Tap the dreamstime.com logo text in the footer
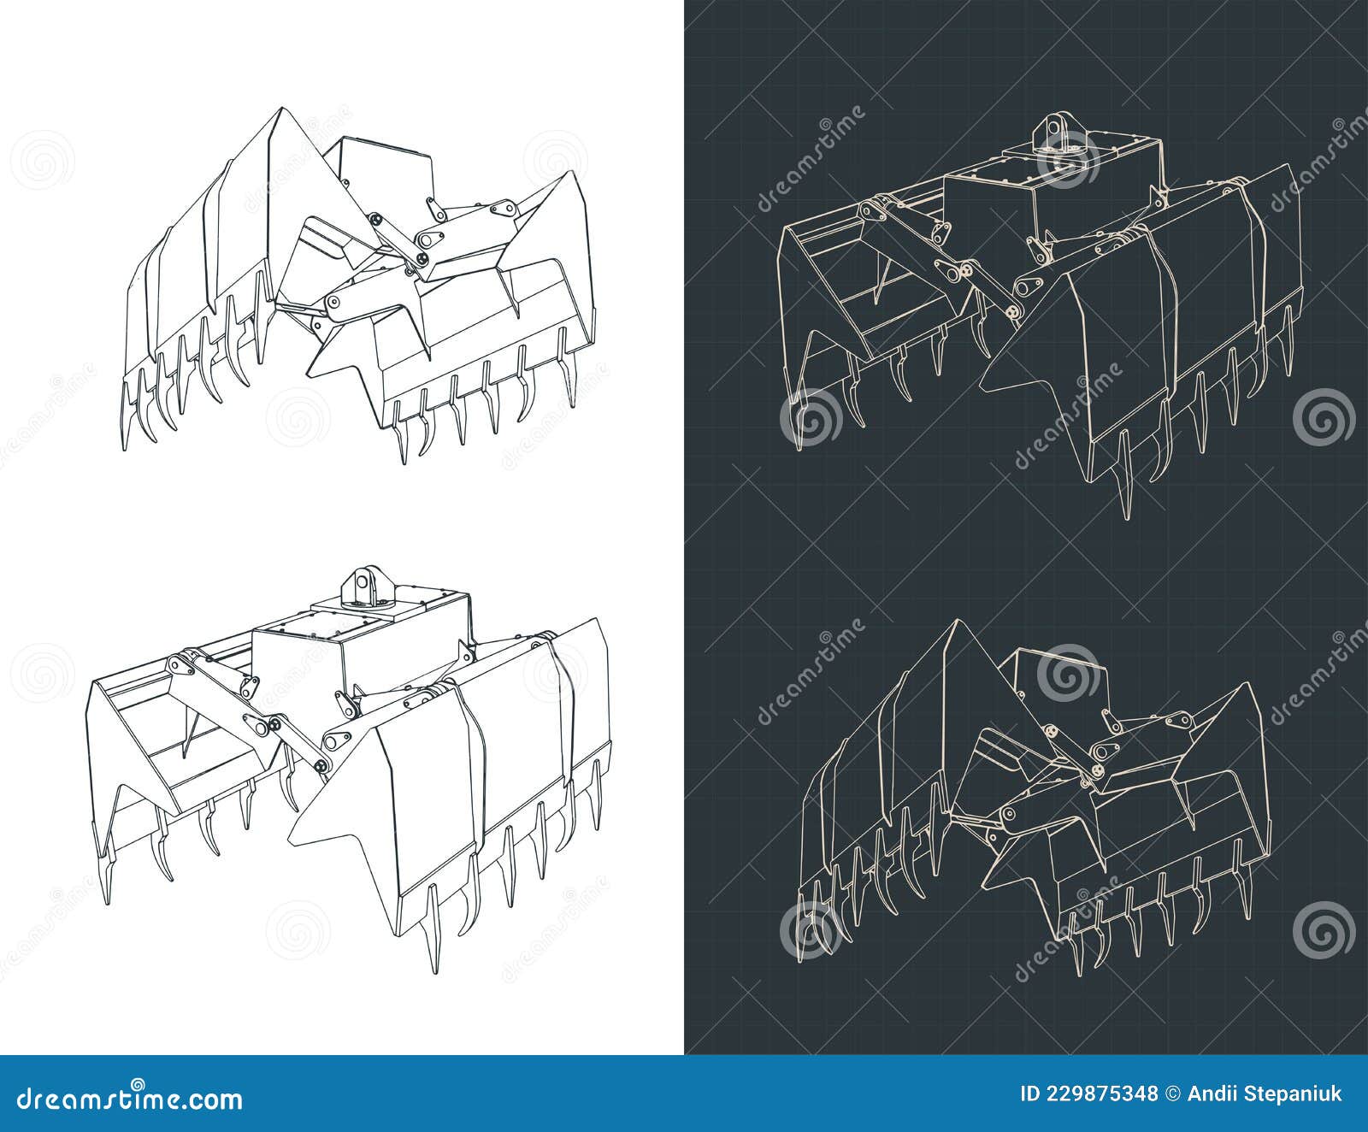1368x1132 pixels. pyautogui.click(x=130, y=1098)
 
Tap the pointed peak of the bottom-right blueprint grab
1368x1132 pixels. pyautogui.click(x=958, y=623)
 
